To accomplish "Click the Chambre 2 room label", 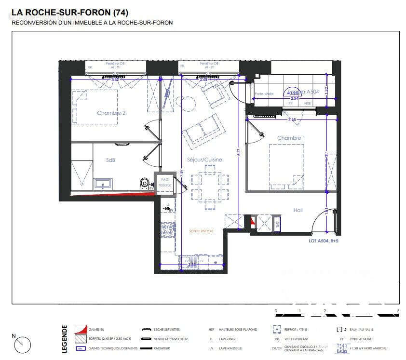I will pos(111,113).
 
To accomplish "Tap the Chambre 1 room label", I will pos(291,138).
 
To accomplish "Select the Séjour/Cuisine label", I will pos(204,160).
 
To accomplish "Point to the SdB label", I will pos(110,160).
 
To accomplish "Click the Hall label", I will pos(298,210).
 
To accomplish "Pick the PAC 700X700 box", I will pos(164,183).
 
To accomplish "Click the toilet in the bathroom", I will pos(144,183).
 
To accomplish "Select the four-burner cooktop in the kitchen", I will pos(167,229).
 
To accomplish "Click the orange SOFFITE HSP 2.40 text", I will pos(201,231).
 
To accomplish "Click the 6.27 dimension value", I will pos(238,151).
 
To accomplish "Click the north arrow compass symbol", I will pos(22,344).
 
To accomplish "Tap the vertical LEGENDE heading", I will pos(65,339).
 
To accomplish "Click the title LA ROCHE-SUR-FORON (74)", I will pos(70,12).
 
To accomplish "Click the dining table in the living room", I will pos(210,187).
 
